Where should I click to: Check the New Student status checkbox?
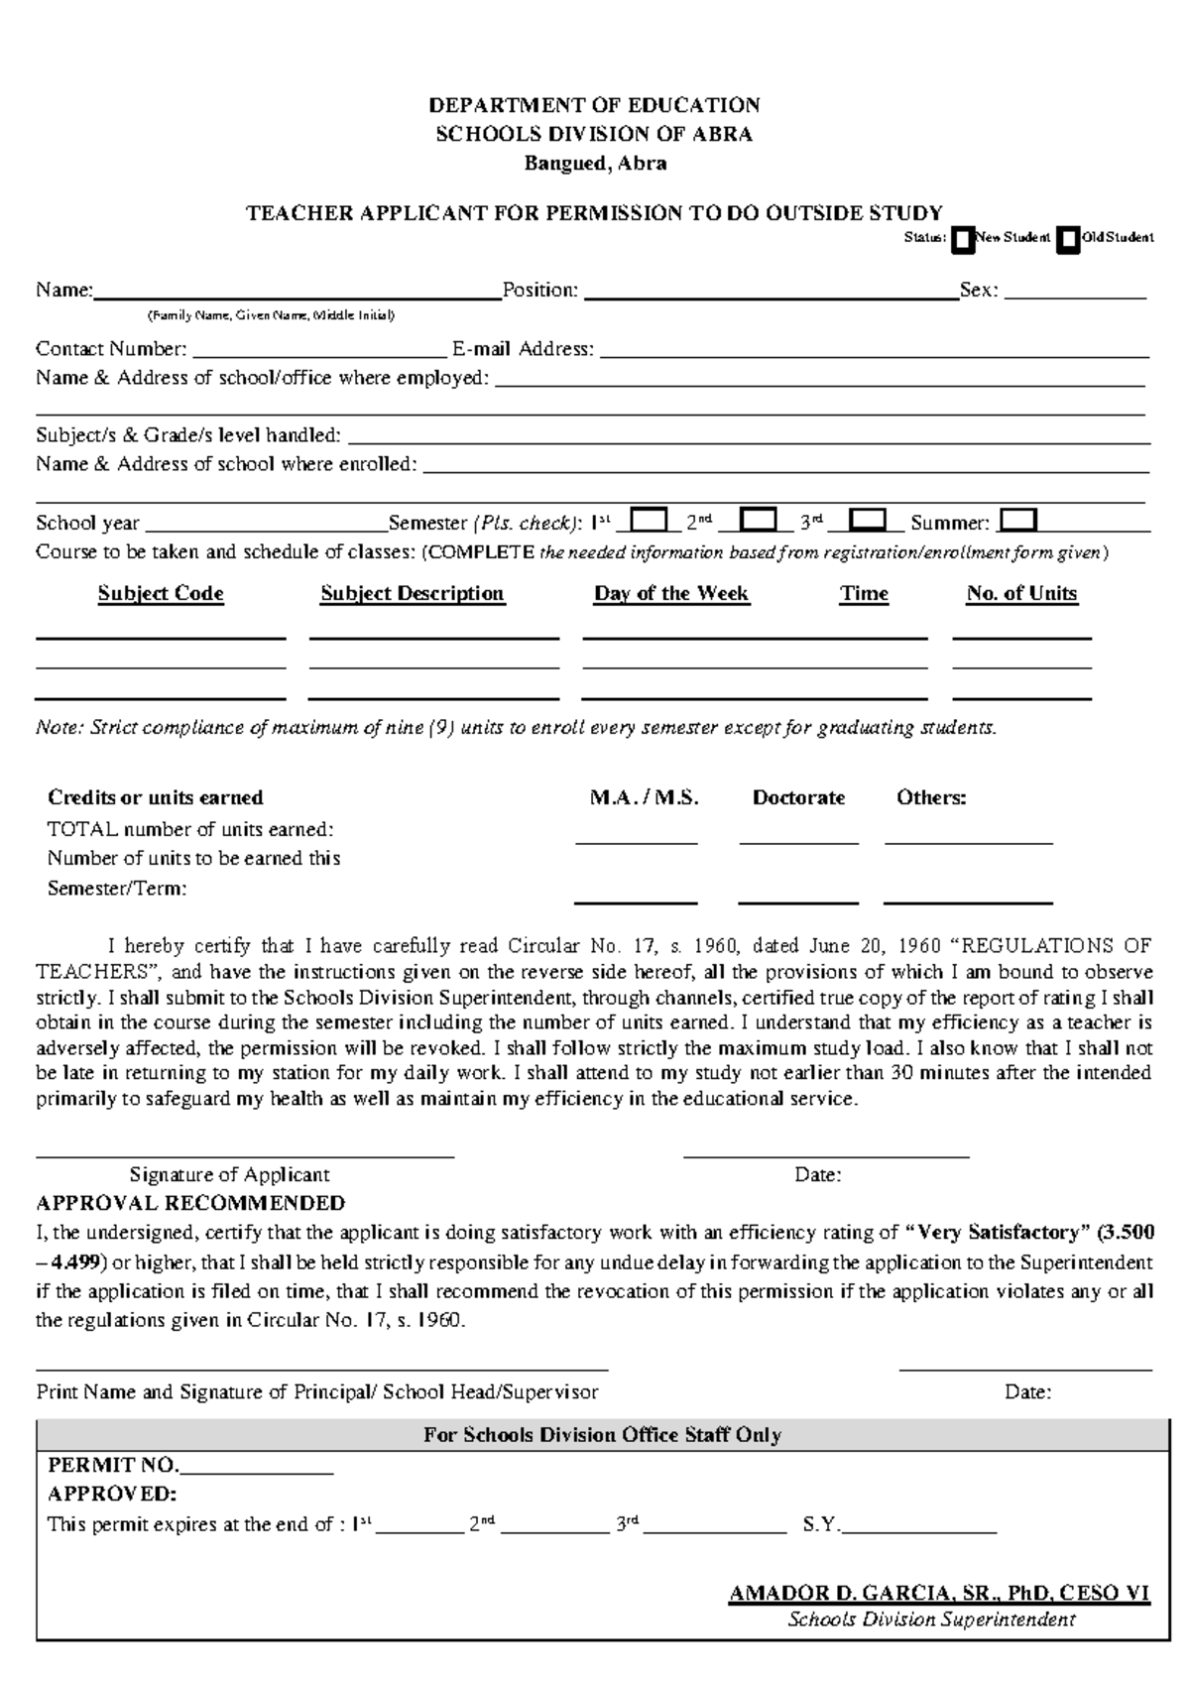pyautogui.click(x=962, y=240)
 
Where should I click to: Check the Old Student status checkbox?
pyautogui.click(x=1067, y=240)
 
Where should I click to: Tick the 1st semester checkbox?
pyautogui.click(x=650, y=521)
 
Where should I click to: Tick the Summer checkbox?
pyautogui.click(x=1019, y=521)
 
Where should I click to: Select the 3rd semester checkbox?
pyautogui.click(x=869, y=521)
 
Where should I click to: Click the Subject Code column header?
pyautogui.click(x=161, y=593)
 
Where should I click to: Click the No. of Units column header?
pyautogui.click(x=1021, y=593)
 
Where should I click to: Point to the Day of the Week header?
pyautogui.click(x=671, y=593)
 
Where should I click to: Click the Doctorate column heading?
pyautogui.click(x=798, y=797)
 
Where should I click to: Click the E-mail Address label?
pyautogui.click(x=523, y=349)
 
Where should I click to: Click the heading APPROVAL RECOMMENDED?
pyautogui.click(x=190, y=1203)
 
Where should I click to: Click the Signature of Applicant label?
pyautogui.click(x=229, y=1174)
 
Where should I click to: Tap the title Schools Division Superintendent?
pyautogui.click(x=931, y=1620)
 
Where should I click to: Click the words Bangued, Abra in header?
pyautogui.click(x=595, y=164)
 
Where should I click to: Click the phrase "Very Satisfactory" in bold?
pyautogui.click(x=998, y=1233)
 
